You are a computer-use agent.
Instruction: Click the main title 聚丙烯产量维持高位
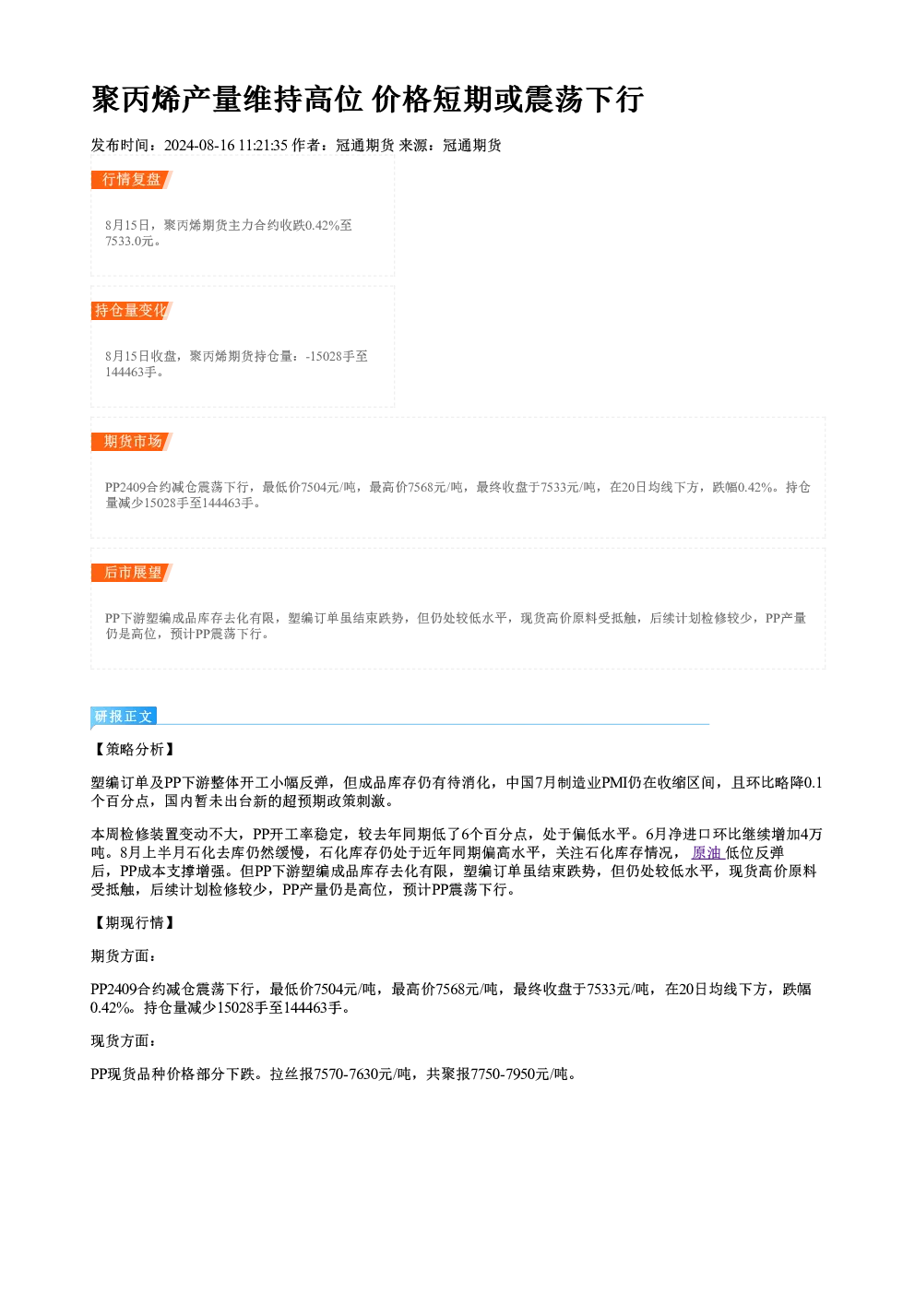click(x=227, y=100)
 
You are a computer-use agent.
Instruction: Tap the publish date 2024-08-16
click(x=199, y=145)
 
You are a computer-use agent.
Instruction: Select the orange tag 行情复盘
click(x=131, y=179)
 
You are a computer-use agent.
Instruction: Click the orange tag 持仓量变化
click(x=131, y=310)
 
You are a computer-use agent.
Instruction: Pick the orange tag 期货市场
click(x=131, y=442)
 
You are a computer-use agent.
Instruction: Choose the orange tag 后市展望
click(x=131, y=573)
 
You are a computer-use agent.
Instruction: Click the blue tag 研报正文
click(x=124, y=717)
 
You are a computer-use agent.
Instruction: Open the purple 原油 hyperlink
click(x=707, y=852)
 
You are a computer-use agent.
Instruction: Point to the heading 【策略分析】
click(x=134, y=749)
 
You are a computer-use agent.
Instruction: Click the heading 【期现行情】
click(x=134, y=922)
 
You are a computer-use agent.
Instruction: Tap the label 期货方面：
click(x=124, y=956)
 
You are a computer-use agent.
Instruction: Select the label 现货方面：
click(x=124, y=1040)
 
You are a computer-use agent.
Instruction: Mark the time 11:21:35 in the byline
click(x=263, y=145)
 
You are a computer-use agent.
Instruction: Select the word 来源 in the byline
click(x=413, y=145)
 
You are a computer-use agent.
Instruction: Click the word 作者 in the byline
click(x=306, y=145)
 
